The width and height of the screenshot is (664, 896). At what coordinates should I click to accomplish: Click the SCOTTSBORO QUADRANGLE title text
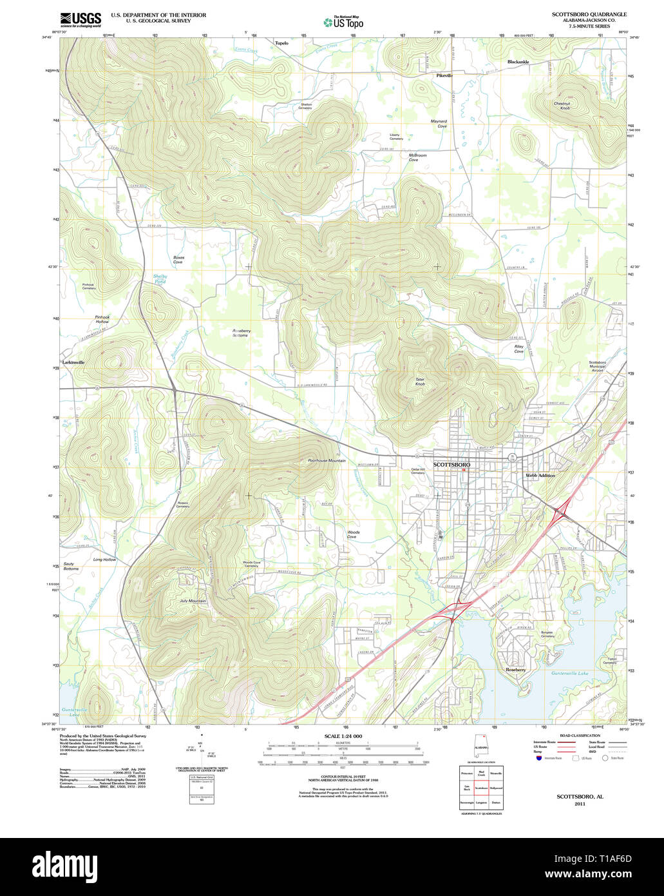pos(589,14)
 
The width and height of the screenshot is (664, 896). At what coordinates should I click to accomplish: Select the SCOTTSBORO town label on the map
pos(451,464)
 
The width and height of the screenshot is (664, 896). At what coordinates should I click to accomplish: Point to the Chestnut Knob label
pos(562,106)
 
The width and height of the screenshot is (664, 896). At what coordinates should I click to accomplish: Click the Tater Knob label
pos(420,382)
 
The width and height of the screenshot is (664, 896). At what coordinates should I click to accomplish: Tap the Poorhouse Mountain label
pos(327,461)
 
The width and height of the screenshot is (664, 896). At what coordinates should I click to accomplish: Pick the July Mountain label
pos(193,601)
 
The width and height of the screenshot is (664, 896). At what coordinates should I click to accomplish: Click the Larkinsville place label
pos(73,362)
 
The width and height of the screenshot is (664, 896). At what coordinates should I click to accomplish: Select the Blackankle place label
pos(518,62)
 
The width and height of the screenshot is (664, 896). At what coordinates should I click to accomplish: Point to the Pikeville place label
pos(444,75)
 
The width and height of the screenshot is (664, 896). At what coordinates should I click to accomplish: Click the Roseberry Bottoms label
pos(241,333)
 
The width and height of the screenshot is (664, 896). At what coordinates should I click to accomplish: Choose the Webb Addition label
pos(540,475)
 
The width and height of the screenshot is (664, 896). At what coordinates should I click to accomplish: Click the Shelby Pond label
pos(160,279)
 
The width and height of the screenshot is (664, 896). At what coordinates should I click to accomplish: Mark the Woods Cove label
pos(353,534)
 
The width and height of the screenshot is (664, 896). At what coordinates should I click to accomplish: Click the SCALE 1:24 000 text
pos(343,736)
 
